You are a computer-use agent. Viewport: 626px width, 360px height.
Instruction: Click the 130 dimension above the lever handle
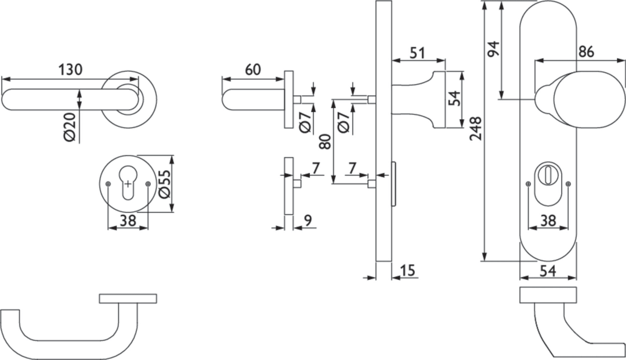(71, 70)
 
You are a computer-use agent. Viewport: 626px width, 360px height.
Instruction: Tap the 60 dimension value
(253, 70)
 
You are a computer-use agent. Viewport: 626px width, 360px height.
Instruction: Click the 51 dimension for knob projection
(417, 53)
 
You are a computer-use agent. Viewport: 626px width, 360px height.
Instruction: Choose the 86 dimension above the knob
(586, 52)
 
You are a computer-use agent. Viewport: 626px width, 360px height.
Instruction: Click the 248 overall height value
(476, 128)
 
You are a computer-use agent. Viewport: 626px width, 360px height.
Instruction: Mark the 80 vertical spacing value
(325, 141)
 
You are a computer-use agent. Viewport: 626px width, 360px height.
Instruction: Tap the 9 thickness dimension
(308, 220)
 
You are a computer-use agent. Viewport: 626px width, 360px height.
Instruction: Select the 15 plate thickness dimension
(407, 270)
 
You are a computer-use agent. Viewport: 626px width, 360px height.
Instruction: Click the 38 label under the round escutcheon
(128, 220)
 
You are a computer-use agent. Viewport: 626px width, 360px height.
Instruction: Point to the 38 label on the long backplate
(548, 220)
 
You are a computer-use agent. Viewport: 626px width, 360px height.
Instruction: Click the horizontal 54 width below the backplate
(547, 270)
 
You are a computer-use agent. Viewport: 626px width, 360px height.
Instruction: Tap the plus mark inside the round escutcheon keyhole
(128, 184)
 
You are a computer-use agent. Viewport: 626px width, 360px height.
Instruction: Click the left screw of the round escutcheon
(108, 184)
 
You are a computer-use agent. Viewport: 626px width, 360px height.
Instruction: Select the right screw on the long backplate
(568, 184)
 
